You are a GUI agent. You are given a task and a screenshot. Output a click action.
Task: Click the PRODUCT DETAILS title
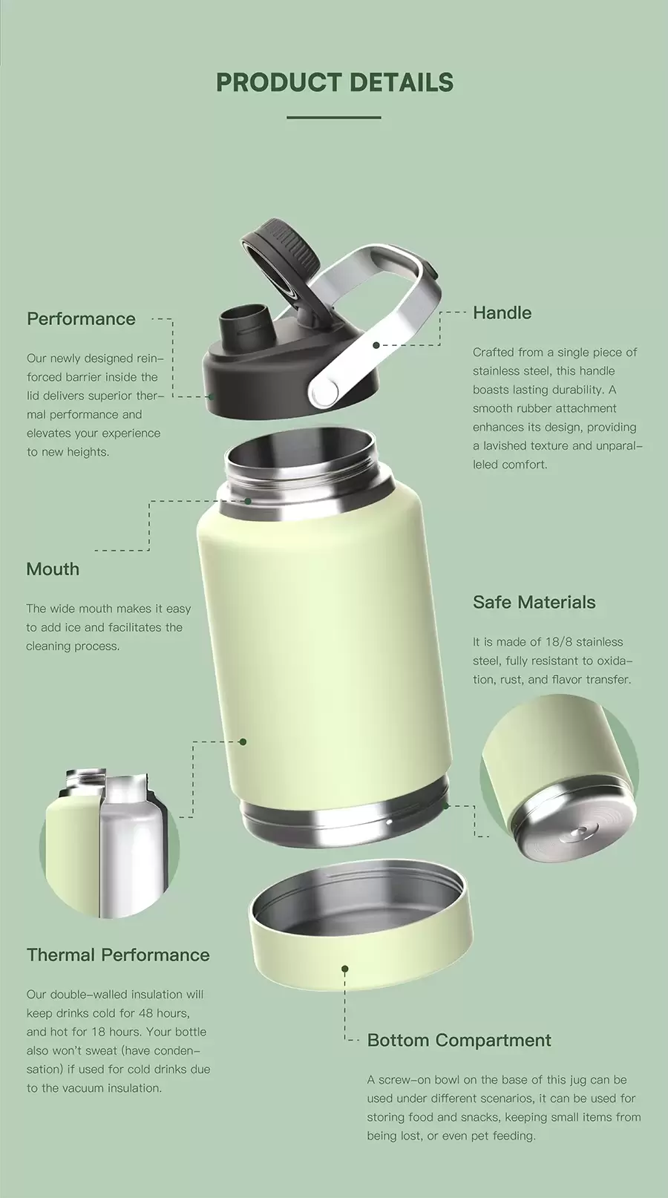point(334,82)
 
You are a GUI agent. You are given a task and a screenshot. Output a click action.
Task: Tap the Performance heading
point(81,319)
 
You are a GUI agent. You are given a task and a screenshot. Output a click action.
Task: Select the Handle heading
point(502,313)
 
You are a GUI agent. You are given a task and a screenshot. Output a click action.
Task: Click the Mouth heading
point(53,569)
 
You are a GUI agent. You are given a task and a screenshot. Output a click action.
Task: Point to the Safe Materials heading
point(534,603)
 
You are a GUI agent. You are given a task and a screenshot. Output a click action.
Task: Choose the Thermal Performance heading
point(118,955)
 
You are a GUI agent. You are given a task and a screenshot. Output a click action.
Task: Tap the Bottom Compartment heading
point(459,1041)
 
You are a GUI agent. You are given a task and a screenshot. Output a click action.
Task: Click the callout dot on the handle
point(376,345)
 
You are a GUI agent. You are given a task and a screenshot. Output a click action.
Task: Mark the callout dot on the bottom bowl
point(345,969)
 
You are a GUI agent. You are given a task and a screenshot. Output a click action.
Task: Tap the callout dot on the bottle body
point(243,741)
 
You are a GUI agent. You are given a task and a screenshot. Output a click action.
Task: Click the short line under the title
point(333,117)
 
